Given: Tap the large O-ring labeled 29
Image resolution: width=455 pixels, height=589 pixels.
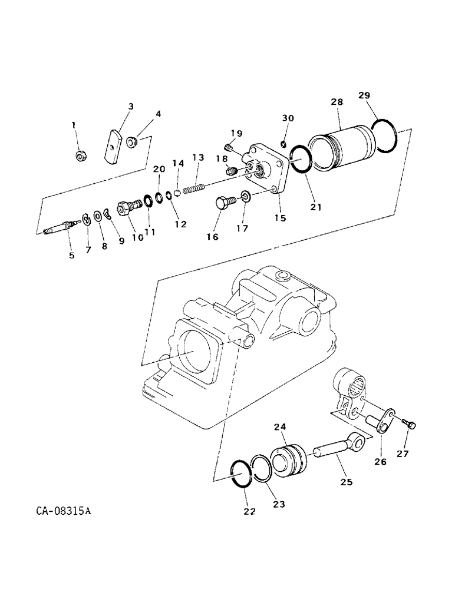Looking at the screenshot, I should click(x=385, y=137).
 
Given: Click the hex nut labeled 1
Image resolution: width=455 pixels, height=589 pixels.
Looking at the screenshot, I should click(x=81, y=155).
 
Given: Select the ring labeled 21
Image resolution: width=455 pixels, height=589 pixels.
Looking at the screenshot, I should click(x=301, y=160).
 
